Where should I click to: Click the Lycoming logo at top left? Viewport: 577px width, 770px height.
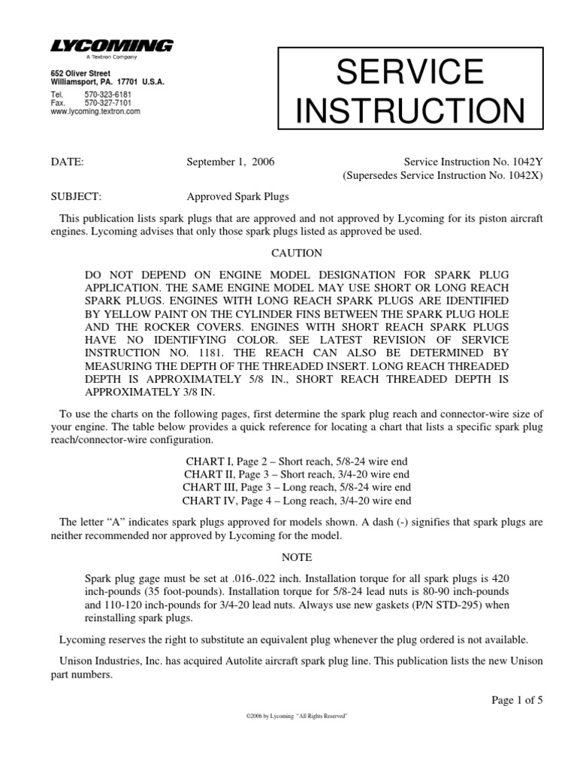(x=112, y=47)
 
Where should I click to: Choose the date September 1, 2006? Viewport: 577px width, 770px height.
(x=225, y=161)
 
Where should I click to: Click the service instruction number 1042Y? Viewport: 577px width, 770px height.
(x=524, y=161)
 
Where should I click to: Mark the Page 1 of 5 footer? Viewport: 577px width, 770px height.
(x=516, y=699)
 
